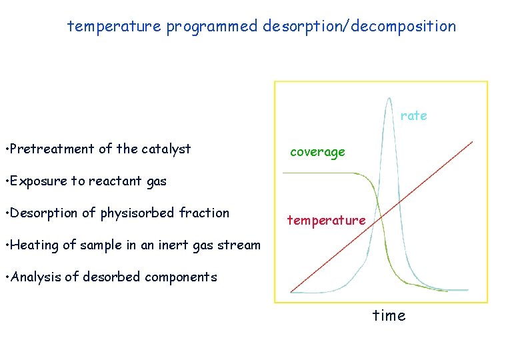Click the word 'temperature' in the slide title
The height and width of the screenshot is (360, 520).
click(114, 27)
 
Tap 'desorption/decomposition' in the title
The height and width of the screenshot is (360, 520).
click(360, 27)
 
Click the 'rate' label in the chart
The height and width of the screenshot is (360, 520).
click(413, 115)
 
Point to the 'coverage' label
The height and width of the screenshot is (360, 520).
click(317, 152)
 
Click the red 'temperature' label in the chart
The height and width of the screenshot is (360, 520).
click(326, 220)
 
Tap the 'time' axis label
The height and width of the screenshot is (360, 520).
click(389, 315)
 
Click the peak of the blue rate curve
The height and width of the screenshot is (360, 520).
click(388, 99)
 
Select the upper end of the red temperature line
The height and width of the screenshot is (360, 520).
click(471, 142)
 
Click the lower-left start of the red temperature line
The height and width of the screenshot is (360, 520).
click(292, 291)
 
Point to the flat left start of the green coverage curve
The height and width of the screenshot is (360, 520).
click(287, 173)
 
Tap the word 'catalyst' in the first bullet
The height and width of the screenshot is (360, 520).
click(167, 149)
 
